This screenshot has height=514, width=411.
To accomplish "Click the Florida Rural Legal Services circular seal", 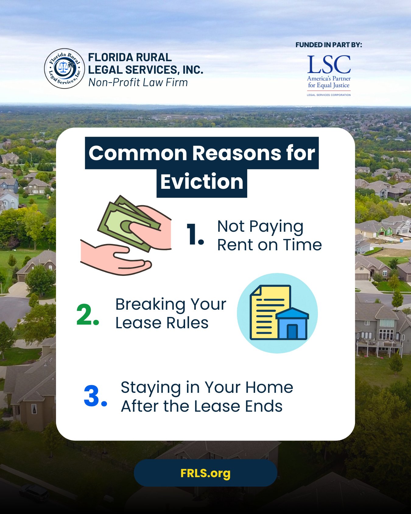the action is click(64, 69).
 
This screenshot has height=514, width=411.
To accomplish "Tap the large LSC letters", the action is click(329, 65).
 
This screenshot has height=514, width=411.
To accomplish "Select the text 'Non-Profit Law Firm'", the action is click(138, 83).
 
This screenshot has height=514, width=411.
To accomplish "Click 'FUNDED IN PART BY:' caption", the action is click(329, 45).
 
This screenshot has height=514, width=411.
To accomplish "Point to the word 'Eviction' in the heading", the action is click(202, 182).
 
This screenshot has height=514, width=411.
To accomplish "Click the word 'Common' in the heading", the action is click(138, 153).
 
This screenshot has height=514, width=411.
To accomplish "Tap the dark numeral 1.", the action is click(195, 234).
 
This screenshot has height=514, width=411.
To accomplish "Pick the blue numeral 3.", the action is click(95, 396).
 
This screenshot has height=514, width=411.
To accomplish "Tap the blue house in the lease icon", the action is click(292, 324).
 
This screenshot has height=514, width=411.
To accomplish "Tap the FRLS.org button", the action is click(205, 473).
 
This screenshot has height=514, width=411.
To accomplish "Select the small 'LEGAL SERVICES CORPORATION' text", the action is click(329, 95).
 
